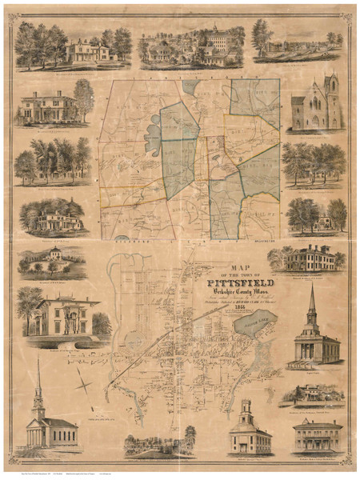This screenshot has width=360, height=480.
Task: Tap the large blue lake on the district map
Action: coord(154,139)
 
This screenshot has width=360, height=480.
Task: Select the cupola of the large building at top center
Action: coord(214,29)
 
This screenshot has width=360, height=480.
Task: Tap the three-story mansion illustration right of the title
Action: coord(308,258)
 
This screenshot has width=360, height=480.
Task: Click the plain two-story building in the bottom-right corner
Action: coord(318,436)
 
